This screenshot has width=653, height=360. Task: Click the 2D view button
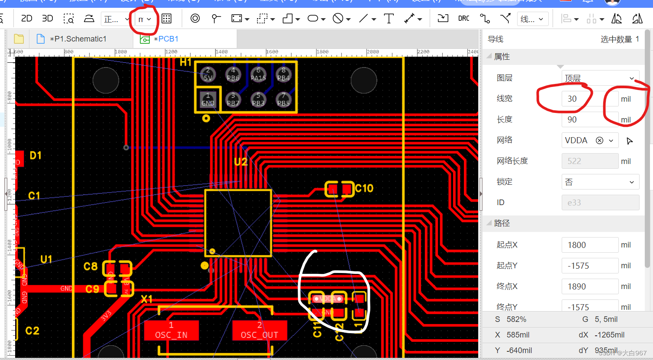pyautogui.click(x=26, y=19)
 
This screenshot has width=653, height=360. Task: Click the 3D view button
pyautogui.click(x=47, y=19)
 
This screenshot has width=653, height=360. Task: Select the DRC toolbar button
pyautogui.click(x=463, y=19)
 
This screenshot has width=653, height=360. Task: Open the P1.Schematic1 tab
pyautogui.click(x=78, y=39)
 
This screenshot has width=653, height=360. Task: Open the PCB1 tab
pyautogui.click(x=168, y=39)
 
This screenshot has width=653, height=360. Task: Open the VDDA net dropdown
pyautogui.click(x=611, y=140)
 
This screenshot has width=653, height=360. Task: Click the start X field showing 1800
pyautogui.click(x=589, y=245)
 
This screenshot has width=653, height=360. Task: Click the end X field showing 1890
pyautogui.click(x=589, y=286)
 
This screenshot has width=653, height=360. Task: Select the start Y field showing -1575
pyautogui.click(x=589, y=266)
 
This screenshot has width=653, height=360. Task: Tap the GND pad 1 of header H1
pyautogui.click(x=208, y=99)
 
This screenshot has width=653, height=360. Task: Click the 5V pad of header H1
pyautogui.click(x=208, y=74)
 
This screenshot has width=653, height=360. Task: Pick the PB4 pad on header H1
pyautogui.click(x=283, y=74)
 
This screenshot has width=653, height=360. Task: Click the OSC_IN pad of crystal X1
pyautogui.click(x=171, y=331)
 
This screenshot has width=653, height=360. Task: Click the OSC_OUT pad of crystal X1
pyautogui.click(x=260, y=331)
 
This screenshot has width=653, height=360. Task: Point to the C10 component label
pyautogui.click(x=364, y=188)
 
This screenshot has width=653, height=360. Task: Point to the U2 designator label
pyautogui.click(x=241, y=162)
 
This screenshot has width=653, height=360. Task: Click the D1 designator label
pyautogui.click(x=35, y=155)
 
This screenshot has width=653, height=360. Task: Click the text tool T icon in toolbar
pyautogui.click(x=389, y=19)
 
